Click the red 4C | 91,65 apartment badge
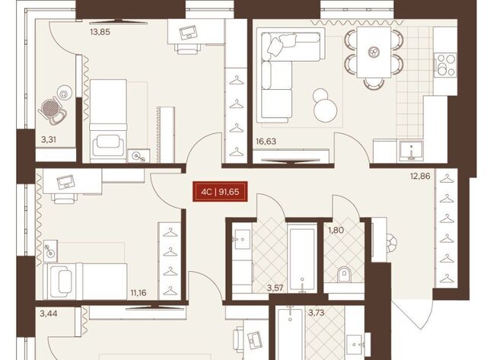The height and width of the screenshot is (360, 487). pos(220,192)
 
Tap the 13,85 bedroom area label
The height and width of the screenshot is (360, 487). pos(100,32)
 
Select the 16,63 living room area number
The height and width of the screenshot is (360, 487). pos(266,142)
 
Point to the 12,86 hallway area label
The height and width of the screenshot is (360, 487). pos(420,177)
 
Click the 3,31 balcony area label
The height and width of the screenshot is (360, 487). pos(49,140)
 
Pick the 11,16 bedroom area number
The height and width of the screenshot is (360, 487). pos(138,292)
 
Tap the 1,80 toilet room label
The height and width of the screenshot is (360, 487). pos(336,231)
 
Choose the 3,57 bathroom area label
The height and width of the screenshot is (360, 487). pos(275,288)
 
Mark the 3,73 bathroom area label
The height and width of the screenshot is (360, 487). pos(317,313)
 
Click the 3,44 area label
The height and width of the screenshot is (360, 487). pos(49,314)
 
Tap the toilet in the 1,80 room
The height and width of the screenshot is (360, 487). pos(343,274)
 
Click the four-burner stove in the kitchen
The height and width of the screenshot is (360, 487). pos(445,65)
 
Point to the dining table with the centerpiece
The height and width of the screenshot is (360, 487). pos(374,53)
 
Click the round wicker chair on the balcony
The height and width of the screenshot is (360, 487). pos(51,108)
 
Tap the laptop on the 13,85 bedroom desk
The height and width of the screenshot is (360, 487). pos(188,32)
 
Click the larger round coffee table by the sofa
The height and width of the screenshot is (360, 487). pos(325,111)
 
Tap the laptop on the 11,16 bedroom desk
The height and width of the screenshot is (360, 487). pos(66,182)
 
